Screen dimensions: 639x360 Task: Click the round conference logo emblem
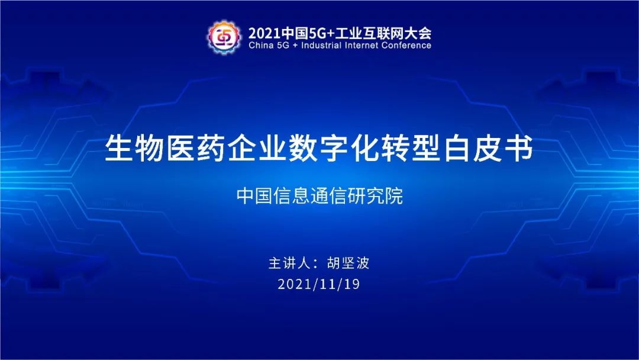[223, 37]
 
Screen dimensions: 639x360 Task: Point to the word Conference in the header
[406, 45]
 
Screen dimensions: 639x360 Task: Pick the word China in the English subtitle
[262, 45]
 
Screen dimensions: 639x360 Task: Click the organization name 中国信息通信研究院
[319, 196]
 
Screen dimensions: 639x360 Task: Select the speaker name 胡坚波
[348, 263]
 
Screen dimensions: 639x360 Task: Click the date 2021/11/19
[319, 284]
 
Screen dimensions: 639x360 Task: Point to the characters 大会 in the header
[419, 33]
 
